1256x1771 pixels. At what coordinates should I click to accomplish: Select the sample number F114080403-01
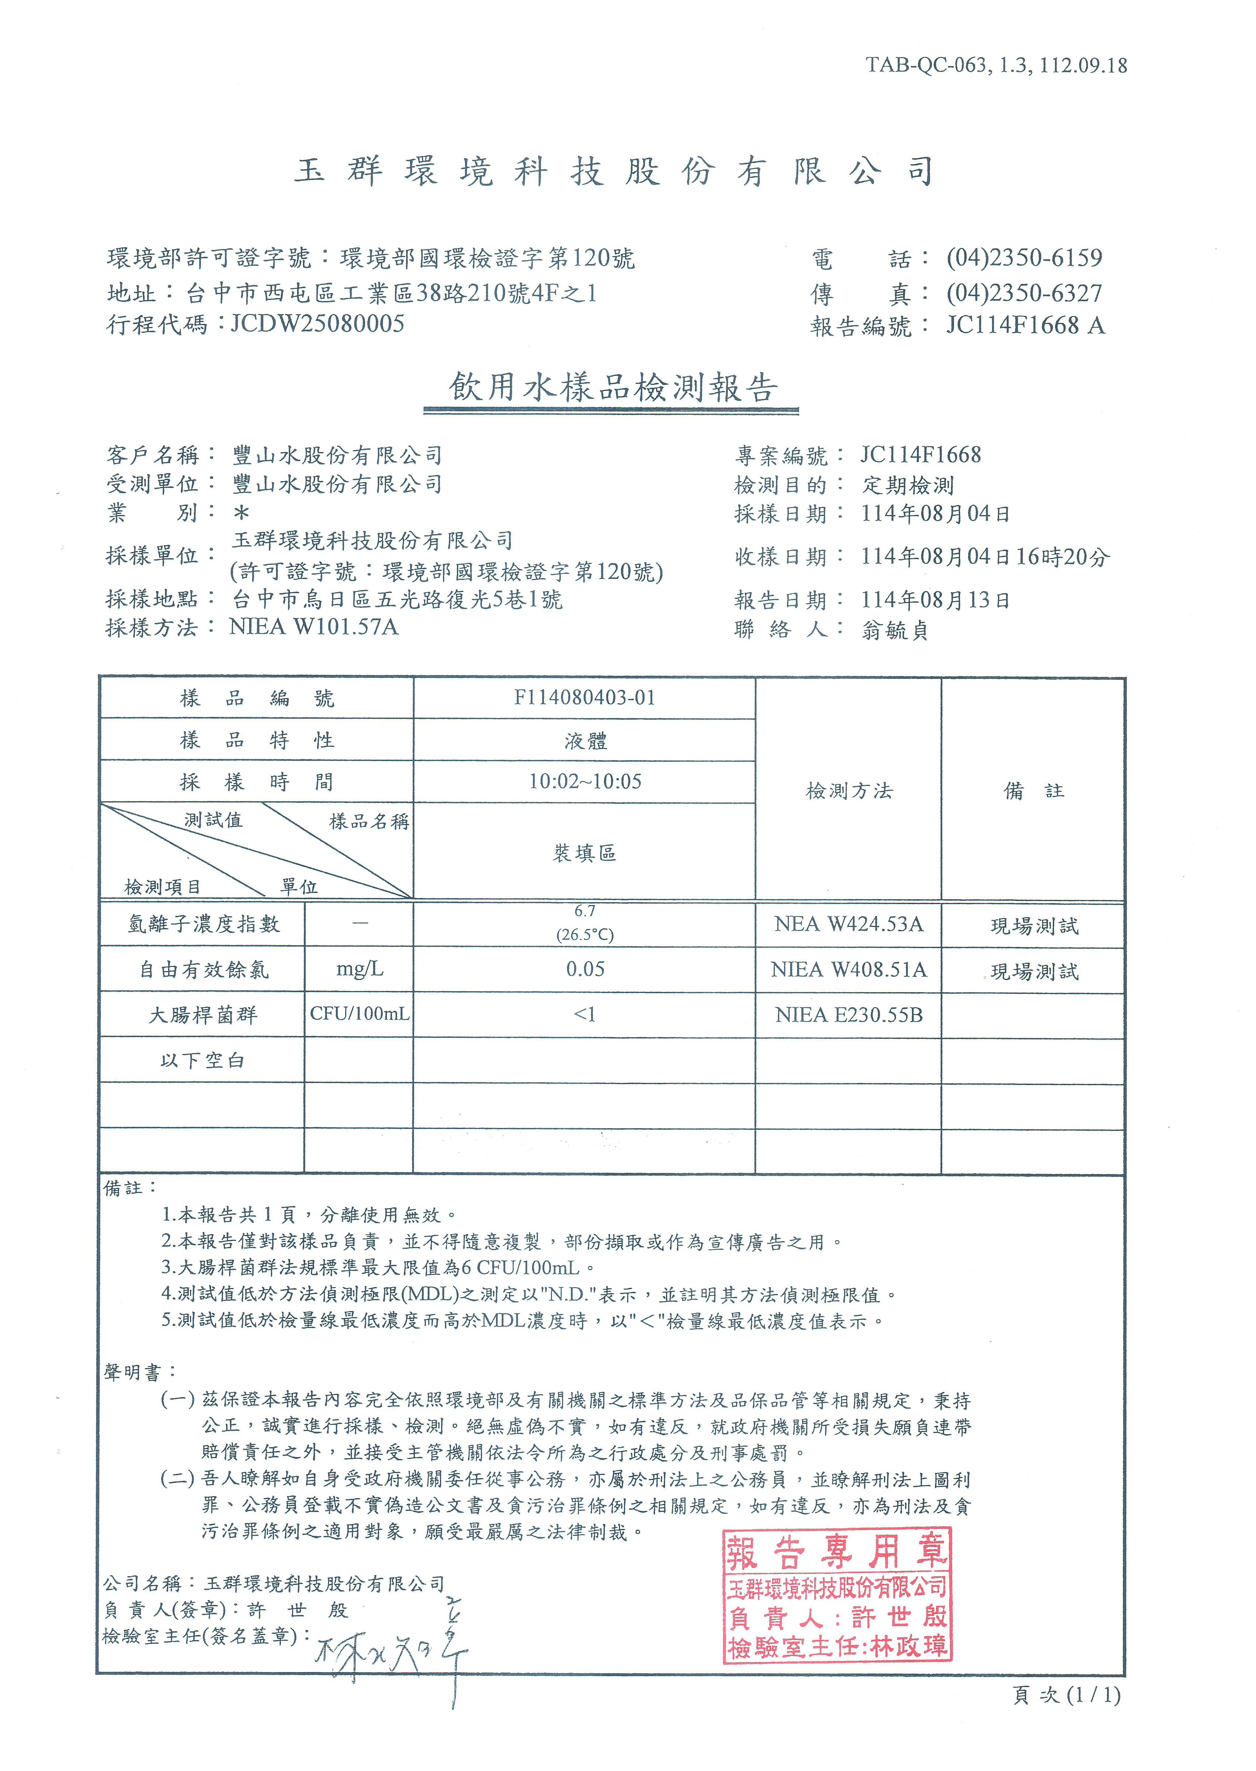[x=585, y=698]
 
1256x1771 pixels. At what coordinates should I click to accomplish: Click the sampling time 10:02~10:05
[x=585, y=781]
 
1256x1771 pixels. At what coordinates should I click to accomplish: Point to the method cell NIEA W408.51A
[x=849, y=970]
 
